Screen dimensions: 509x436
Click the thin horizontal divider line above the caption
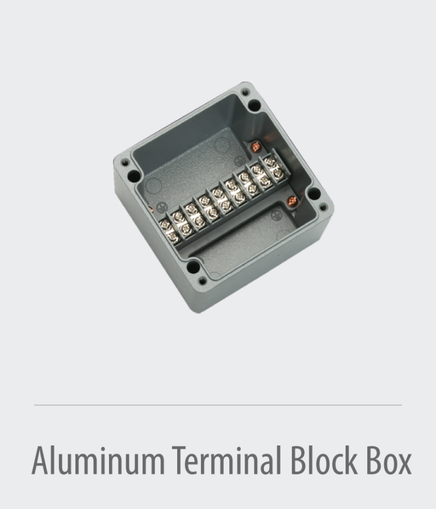[218, 405]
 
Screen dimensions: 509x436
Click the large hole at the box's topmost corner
[254, 106]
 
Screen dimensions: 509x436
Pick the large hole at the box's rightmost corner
[312, 196]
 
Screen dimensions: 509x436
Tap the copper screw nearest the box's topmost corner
[255, 147]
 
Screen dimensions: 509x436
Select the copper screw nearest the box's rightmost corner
[293, 200]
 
